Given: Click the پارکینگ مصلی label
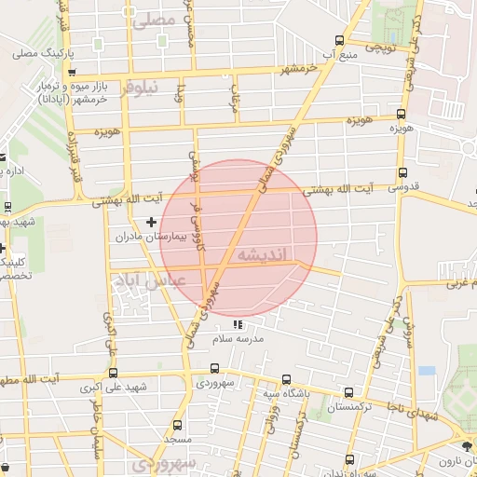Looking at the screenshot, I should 36,53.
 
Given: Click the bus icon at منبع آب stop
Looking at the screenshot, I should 339,40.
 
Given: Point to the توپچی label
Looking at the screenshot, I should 381,45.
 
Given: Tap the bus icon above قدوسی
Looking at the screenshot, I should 402,172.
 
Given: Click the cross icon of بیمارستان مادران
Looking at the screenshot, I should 152,221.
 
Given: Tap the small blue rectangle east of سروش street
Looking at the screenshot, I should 427,370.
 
